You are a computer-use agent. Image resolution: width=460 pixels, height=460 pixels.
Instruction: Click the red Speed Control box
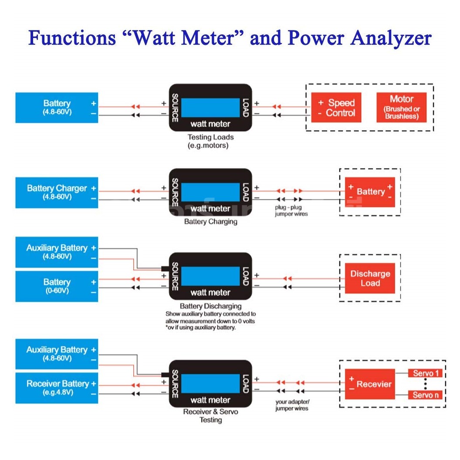pos(336,108)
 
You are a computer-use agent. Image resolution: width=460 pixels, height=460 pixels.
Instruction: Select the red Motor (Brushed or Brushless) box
pos(401,107)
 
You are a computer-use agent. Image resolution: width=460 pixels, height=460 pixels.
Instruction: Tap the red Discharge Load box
pos(370,278)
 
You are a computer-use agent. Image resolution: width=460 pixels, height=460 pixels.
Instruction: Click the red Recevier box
pos(370,384)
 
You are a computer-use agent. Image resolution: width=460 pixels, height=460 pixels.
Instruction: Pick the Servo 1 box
pos(425,373)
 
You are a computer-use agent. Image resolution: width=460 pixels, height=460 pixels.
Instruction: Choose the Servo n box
pos(425,395)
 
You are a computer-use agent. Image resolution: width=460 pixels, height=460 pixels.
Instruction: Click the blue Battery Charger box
pos(57,192)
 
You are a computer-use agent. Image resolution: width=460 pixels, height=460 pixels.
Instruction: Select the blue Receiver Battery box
pos(57,387)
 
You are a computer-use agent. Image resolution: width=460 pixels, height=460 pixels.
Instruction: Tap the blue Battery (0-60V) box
pos(57,286)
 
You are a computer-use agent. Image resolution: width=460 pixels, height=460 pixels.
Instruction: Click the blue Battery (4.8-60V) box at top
pos(57,107)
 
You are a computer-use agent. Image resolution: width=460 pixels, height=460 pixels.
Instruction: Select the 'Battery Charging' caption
pos(210,222)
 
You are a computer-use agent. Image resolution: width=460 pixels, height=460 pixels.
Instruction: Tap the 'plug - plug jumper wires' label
pos(291,211)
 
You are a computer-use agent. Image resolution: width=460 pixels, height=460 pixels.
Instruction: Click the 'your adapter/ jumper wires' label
pos(292,405)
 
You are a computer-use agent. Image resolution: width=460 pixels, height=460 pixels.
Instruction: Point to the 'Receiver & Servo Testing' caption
pos(210,416)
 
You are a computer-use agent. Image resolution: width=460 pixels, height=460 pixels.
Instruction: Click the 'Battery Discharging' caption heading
pos(210,306)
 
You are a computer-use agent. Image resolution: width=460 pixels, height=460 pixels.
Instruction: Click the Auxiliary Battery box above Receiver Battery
pos(57,353)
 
